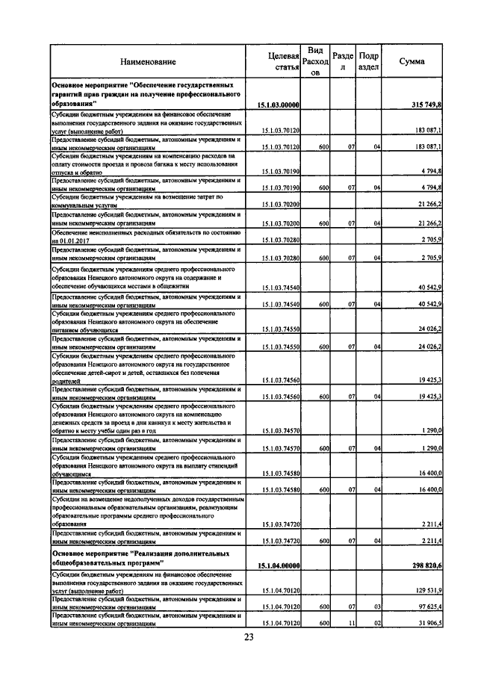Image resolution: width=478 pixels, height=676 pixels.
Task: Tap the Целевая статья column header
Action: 283,62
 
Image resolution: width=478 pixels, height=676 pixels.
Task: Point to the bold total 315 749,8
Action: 426,105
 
